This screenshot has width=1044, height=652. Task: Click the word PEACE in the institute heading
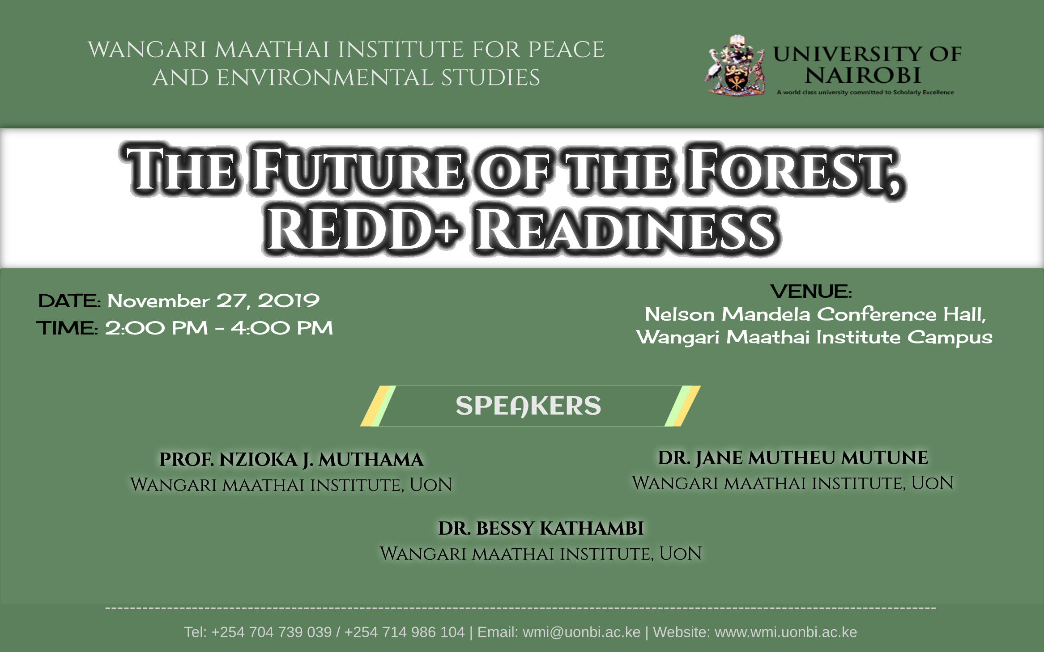click(x=567, y=49)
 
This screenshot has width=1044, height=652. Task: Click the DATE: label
click(x=70, y=301)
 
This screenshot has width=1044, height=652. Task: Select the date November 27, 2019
click(x=213, y=301)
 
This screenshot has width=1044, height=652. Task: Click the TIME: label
click(x=68, y=328)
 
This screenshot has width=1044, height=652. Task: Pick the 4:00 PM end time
click(x=282, y=328)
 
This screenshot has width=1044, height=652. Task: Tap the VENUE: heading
click(x=811, y=292)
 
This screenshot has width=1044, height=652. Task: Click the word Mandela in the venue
click(x=766, y=314)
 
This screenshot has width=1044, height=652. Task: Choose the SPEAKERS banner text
click(x=528, y=406)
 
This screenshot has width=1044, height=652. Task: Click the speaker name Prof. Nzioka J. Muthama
click(x=291, y=460)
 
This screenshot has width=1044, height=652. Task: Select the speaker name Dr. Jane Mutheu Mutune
click(x=793, y=457)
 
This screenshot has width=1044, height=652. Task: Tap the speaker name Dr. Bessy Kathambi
click(x=541, y=528)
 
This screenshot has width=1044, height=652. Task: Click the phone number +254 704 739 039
click(x=271, y=632)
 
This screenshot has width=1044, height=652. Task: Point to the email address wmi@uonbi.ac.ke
click(x=581, y=632)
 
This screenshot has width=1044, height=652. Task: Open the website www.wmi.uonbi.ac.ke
click(x=786, y=632)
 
